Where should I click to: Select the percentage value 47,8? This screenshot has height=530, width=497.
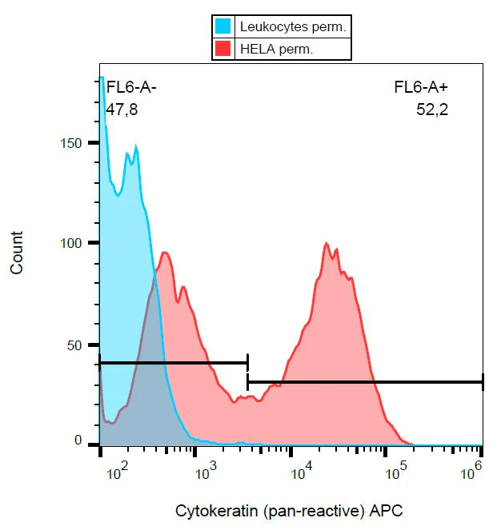122,110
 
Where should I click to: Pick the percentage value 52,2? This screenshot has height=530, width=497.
431,110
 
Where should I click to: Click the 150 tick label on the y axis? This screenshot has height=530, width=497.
73,142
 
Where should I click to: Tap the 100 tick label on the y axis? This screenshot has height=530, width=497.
73,243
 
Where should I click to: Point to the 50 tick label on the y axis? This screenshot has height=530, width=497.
76,345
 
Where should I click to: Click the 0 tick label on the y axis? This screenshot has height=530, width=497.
78,440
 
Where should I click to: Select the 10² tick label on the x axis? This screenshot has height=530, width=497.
117,474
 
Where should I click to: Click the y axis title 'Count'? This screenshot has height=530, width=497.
17,253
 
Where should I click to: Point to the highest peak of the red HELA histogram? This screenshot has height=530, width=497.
327,243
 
